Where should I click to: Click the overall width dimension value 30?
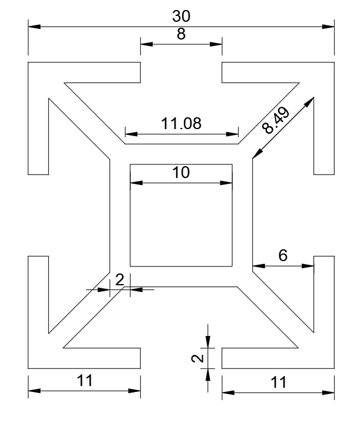(x=181, y=16)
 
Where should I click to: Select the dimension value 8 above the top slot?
(x=181, y=34)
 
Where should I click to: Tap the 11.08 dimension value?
(x=181, y=124)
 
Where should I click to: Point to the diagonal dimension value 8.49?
(x=276, y=120)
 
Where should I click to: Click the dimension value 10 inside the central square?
(x=181, y=172)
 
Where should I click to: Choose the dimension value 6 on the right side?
(x=283, y=255)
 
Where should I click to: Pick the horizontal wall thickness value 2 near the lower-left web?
(x=120, y=279)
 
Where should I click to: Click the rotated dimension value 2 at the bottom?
(x=197, y=358)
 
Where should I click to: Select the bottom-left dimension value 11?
(x=84, y=381)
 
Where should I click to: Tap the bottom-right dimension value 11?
(x=278, y=383)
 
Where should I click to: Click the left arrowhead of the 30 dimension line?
(x=34, y=27)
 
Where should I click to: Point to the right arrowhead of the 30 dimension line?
(x=328, y=27)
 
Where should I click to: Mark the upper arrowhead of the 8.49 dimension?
(x=310, y=101)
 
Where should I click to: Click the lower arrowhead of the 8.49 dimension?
(x=257, y=154)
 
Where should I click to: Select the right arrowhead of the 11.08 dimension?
(x=232, y=134)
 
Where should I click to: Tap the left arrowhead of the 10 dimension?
(x=137, y=183)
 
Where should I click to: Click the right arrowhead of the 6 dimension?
(x=308, y=266)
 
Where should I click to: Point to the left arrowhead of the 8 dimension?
(x=147, y=44)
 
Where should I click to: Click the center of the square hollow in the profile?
(x=181, y=215)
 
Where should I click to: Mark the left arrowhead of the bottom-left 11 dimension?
(x=34, y=391)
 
